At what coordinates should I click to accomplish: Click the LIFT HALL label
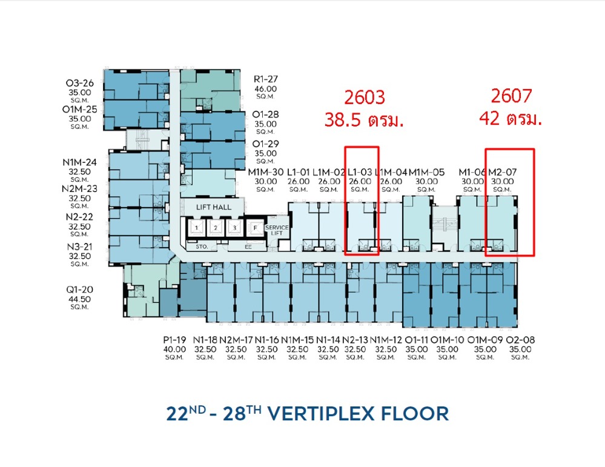click(213, 207)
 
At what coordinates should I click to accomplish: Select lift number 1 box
click(196, 228)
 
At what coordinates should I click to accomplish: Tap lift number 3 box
click(234, 228)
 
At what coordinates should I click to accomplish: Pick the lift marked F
click(254, 228)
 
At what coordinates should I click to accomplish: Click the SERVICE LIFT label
click(277, 230)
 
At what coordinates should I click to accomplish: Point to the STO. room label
click(202, 247)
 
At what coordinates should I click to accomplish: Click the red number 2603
click(365, 98)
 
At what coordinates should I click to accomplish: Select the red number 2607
click(511, 96)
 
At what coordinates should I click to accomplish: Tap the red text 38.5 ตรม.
click(364, 120)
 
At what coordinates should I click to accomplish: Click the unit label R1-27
click(265, 79)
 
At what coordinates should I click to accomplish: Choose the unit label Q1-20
click(79, 290)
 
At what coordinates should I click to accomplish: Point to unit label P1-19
click(174, 340)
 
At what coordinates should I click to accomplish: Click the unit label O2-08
click(520, 340)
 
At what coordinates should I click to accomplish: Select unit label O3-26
click(79, 83)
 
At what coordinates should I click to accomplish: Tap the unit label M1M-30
click(265, 172)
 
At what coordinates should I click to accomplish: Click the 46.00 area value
click(265, 89)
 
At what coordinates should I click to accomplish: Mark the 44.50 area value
click(79, 299)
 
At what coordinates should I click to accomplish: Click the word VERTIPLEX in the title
click(321, 414)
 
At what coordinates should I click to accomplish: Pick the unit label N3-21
click(79, 247)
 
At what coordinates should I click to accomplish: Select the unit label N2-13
click(355, 340)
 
